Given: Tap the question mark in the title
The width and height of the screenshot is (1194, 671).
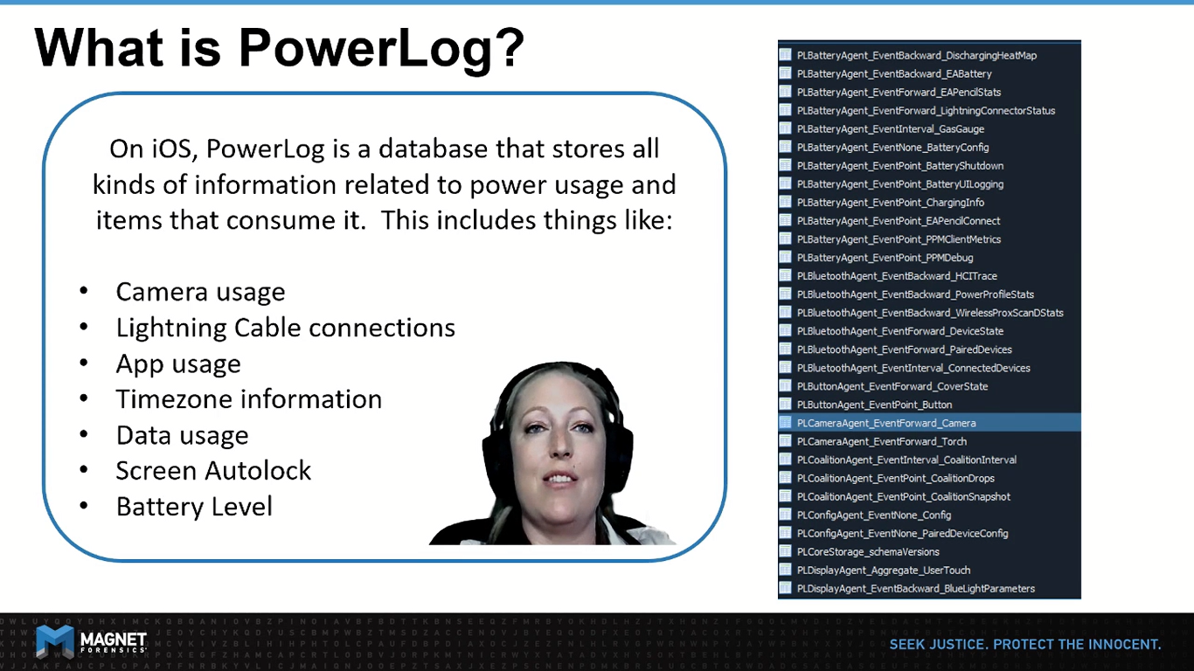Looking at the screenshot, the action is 508,47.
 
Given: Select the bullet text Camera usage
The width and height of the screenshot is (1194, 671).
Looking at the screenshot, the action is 200,293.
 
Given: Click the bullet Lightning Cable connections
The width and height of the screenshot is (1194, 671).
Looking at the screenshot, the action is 286,328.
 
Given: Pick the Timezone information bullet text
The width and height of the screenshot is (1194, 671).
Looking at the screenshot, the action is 249,399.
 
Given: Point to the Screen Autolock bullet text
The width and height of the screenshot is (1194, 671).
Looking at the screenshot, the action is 213,471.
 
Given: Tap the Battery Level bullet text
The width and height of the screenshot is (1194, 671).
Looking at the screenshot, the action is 194,507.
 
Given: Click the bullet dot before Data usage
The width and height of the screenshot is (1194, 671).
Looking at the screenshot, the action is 84,434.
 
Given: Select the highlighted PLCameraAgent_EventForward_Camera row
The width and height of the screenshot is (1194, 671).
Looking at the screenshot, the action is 930,423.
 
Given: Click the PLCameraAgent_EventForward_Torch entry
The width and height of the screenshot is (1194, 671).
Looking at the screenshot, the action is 882,442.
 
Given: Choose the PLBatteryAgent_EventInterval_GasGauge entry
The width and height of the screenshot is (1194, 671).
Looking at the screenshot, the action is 890,129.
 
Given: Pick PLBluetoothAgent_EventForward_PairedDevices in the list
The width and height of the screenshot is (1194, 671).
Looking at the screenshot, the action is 904,349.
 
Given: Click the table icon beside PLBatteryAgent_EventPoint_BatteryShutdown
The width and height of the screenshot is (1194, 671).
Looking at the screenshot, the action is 785,165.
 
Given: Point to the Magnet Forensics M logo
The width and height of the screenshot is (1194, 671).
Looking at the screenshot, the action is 55,641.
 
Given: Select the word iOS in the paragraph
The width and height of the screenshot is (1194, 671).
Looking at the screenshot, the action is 171,149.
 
